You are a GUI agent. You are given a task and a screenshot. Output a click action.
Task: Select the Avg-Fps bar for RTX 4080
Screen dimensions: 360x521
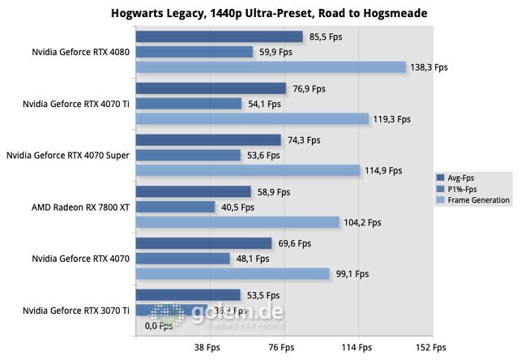coord(219,37)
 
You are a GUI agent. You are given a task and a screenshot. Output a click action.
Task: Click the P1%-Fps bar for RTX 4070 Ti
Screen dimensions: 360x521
coord(189,103)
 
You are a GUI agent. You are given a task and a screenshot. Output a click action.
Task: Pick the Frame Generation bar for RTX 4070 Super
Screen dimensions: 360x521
coord(248,170)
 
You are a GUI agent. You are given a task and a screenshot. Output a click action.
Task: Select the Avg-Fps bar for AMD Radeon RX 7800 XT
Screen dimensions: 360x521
coord(194,192)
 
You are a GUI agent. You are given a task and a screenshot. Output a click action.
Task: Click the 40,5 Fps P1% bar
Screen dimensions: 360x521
coord(176,207)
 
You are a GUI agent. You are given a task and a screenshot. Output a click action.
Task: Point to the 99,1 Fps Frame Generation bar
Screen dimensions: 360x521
coord(232,274)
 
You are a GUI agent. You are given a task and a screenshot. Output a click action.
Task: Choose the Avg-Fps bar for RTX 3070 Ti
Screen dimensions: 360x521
coord(188,295)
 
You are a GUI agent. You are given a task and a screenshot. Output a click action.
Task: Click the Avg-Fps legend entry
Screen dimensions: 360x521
coord(461,178)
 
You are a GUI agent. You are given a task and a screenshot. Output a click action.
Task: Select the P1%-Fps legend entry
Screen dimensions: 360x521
coord(462,189)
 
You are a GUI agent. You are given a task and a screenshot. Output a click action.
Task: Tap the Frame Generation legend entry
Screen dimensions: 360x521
coord(473,200)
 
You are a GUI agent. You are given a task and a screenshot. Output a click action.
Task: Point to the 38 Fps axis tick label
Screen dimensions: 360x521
coord(207,347)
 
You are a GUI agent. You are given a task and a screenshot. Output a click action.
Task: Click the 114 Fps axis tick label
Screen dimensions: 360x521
coord(356,347)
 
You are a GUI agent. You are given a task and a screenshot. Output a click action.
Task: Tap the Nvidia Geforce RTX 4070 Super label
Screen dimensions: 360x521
coord(68,155)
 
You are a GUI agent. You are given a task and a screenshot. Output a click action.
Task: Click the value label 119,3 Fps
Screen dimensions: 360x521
coord(391,119)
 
